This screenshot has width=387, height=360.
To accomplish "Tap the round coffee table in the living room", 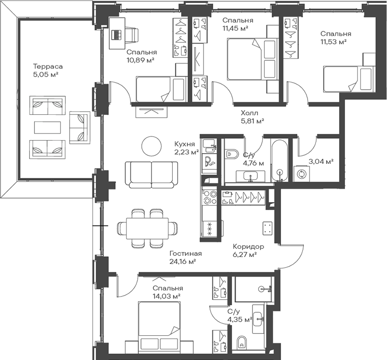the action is point(152,146).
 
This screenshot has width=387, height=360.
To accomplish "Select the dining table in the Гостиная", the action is point(148,228).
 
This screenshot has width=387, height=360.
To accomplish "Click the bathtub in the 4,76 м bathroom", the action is point(280,161).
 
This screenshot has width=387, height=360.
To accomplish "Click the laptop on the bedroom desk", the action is point(117,35).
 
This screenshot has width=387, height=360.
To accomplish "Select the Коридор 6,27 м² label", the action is point(248,250).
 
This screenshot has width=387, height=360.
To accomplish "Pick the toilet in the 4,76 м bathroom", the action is point(231,154).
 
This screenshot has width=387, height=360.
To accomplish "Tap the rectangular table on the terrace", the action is point(48,127).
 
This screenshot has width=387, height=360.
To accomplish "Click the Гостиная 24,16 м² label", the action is point(186,257).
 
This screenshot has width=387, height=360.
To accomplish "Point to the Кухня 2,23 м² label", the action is point(186,148).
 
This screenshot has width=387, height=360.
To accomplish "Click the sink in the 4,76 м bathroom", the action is point(251,176).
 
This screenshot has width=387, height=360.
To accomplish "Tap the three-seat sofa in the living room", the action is point(151,175).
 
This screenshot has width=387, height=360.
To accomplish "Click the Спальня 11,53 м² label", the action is point(336,37).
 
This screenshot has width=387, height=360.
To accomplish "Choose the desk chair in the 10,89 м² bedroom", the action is point(133,35).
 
